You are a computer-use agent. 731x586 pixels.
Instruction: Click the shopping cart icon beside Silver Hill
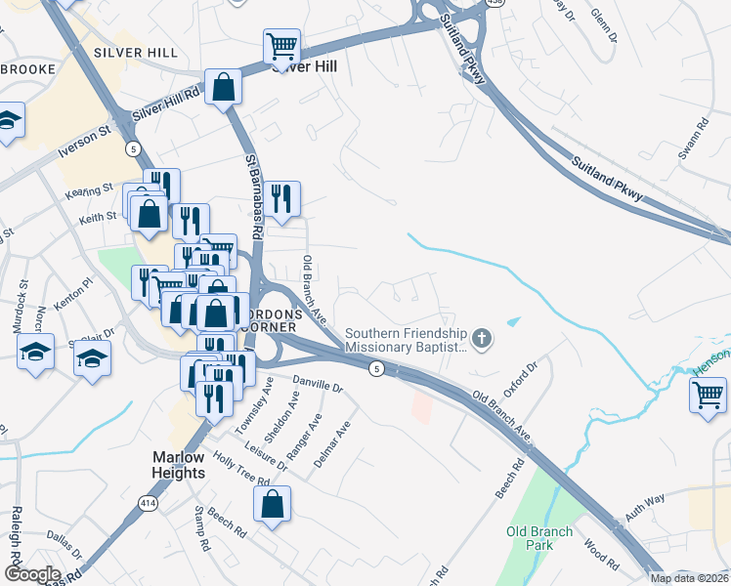pyautogui.click(x=281, y=45)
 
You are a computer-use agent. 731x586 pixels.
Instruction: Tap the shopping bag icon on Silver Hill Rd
pyautogui.click(x=224, y=87)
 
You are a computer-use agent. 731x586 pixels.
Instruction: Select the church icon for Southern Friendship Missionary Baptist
pyautogui.click(x=480, y=339)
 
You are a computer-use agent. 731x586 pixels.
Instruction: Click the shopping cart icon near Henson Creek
pyautogui.click(x=708, y=396)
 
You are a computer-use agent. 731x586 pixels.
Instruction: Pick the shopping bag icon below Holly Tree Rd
pyautogui.click(x=273, y=504)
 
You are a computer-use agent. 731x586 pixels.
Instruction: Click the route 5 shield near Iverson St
pyautogui.click(x=132, y=147)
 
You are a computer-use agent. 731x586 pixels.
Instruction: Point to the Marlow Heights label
pyautogui.click(x=164, y=465)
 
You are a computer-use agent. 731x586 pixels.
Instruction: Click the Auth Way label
pyautogui.click(x=645, y=500)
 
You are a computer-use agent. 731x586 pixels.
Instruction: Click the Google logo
pyautogui.click(x=32, y=574)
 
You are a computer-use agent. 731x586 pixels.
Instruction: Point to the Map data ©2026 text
pyautogui.click(x=689, y=578)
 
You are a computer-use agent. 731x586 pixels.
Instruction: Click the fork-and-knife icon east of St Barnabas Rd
pyautogui.click(x=281, y=198)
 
